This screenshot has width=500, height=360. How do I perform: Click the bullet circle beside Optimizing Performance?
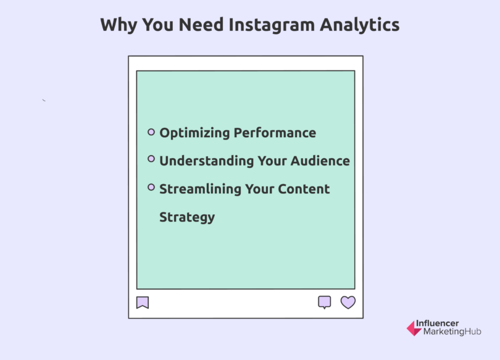[151, 132]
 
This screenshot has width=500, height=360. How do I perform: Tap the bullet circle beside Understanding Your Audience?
[151, 159]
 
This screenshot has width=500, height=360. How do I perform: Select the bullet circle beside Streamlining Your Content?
[151, 187]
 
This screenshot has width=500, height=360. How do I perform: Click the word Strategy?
[187, 217]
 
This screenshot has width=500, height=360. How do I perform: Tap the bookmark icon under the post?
[143, 303]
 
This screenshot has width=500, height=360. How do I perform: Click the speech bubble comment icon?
[324, 302]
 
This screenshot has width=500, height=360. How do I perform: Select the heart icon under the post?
[348, 303]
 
